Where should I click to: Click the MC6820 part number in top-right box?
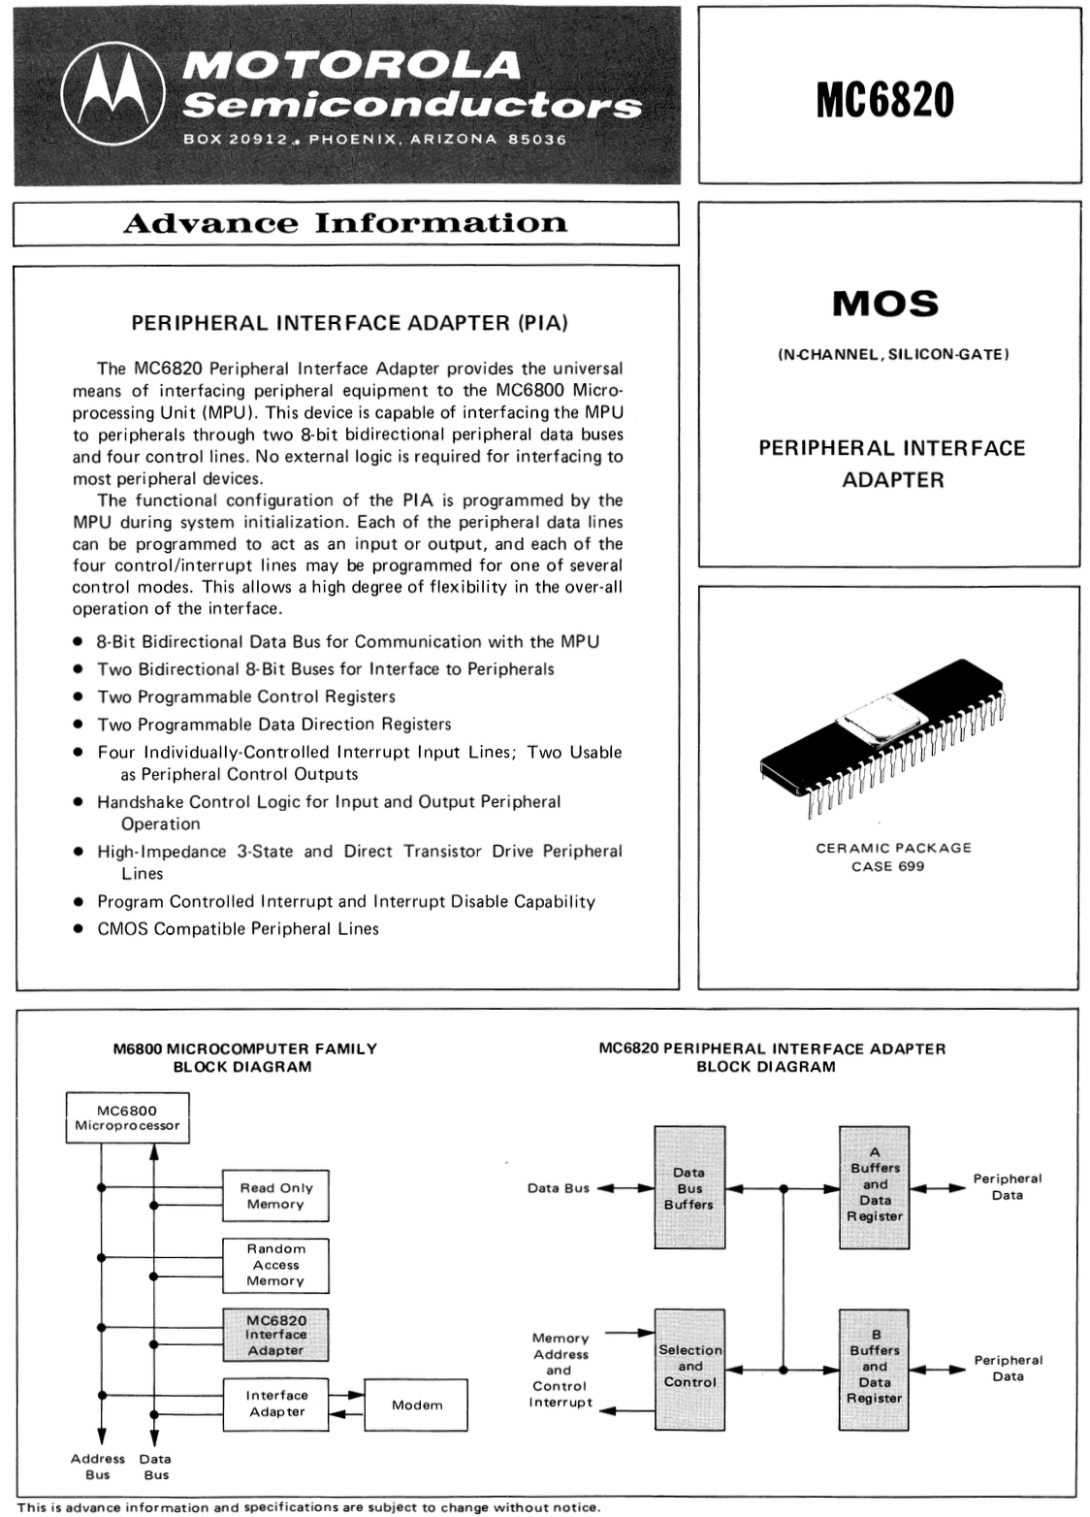pyautogui.click(x=884, y=100)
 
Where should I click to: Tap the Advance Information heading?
pyautogui.click(x=344, y=223)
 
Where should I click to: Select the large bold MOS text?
pyautogui.click(x=885, y=304)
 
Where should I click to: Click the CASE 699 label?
pyautogui.click(x=887, y=866)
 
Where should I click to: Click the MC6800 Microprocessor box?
pyautogui.click(x=127, y=1118)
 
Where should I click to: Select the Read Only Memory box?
pyautogui.click(x=275, y=1196)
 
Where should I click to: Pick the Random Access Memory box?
pyautogui.click(x=275, y=1265)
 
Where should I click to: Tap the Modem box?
pyautogui.click(x=416, y=1404)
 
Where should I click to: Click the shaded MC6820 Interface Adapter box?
pyautogui.click(x=275, y=1335)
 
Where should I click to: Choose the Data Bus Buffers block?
pyautogui.click(x=689, y=1188)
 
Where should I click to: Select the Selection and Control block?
pyautogui.click(x=689, y=1368)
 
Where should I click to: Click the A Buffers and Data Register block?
pyautogui.click(x=874, y=1188)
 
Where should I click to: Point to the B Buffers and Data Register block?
pyautogui.click(x=874, y=1369)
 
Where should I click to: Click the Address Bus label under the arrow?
pyautogui.click(x=98, y=1467)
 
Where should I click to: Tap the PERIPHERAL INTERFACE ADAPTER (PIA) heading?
pyautogui.click(x=349, y=323)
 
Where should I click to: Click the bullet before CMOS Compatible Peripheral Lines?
pyautogui.click(x=78, y=929)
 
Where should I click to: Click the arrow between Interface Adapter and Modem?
pyautogui.click(x=346, y=1404)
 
